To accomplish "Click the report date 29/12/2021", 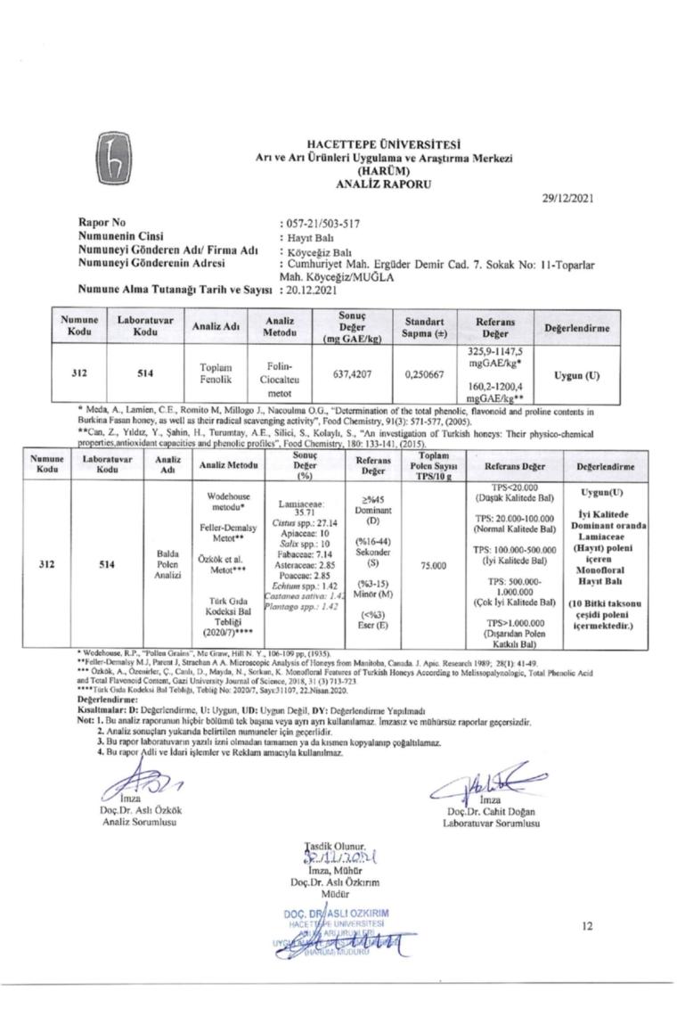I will click(x=566, y=199).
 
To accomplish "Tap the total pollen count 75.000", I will click(x=432, y=564).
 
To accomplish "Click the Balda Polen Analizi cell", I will click(x=168, y=564).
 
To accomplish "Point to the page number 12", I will click(x=587, y=926).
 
